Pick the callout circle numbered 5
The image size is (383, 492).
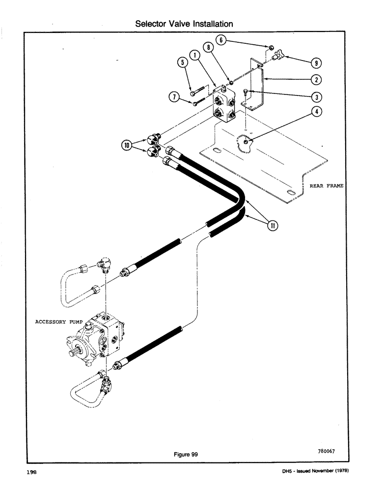pyautogui.click(x=182, y=62)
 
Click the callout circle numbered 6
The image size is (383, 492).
pyautogui.click(x=222, y=40)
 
